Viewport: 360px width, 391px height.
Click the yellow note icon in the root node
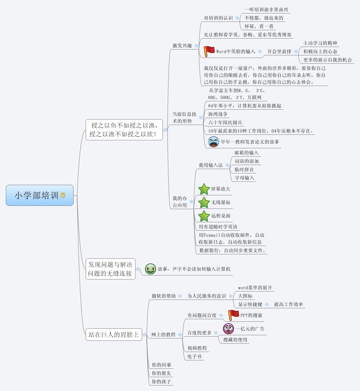[63, 195]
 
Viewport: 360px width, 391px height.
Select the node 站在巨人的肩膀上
[114, 334]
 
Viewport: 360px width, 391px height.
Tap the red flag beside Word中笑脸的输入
[209, 51]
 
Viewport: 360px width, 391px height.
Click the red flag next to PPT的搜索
[233, 315]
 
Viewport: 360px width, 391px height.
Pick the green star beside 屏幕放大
[204, 189]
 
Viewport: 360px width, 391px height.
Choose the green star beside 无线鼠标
[204, 202]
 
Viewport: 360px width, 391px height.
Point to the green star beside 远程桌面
[204, 216]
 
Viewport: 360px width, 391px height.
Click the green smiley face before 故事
[150, 269]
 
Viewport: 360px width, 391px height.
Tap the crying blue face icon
[214, 142]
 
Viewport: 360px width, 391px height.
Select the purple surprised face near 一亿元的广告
[228, 329]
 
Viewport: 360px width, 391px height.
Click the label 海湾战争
[218, 114]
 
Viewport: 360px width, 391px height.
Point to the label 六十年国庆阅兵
[225, 122]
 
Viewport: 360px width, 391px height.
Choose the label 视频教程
[197, 348]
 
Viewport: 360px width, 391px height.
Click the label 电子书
[195, 356]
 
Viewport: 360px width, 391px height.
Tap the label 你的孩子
[161, 382]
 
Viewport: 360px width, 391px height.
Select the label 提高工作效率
[289, 304]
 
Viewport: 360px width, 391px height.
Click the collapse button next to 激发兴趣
[197, 46]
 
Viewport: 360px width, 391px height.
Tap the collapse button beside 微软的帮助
[180, 296]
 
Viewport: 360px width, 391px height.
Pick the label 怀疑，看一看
[259, 26]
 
